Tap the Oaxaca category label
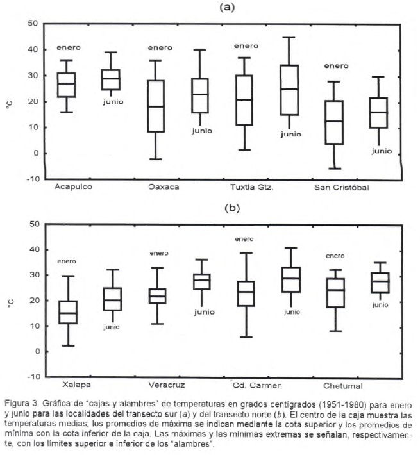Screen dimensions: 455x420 (164, 187)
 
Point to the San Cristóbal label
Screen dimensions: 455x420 (342, 187)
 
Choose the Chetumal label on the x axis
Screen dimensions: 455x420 (343, 386)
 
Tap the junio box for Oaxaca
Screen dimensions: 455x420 (201, 95)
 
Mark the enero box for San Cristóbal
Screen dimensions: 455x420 (333, 122)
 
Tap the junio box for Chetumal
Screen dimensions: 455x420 (380, 283)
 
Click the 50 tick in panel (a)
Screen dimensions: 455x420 (32, 24)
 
